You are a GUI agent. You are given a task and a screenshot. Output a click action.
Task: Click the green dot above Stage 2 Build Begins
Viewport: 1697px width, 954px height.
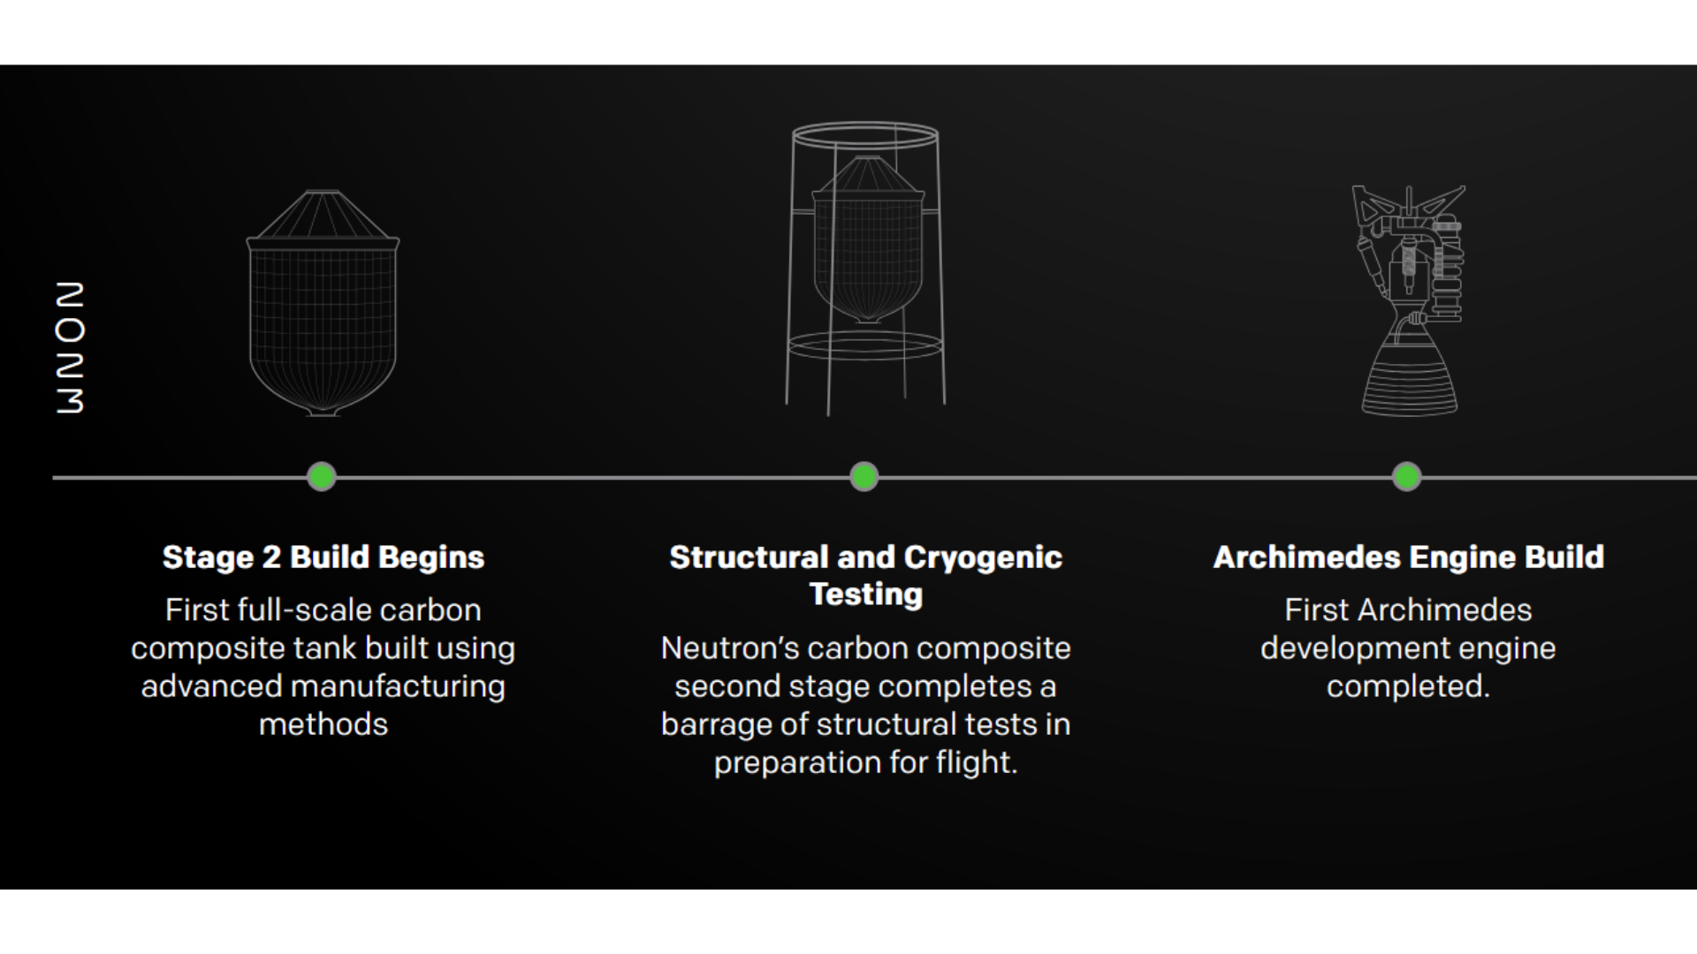(x=322, y=477)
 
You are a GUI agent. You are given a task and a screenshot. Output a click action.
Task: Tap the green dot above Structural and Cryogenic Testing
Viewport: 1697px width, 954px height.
(x=864, y=477)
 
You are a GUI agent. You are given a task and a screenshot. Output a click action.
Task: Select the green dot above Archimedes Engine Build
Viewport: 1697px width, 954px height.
(x=1407, y=477)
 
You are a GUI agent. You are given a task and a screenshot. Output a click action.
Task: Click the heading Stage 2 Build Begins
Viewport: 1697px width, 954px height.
(x=323, y=557)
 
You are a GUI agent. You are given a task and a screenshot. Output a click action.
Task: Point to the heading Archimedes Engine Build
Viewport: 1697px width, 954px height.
(x=1409, y=557)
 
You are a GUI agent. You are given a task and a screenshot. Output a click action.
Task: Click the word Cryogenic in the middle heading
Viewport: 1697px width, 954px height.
(x=983, y=557)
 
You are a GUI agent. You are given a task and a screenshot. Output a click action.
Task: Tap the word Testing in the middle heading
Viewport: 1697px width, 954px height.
(x=866, y=594)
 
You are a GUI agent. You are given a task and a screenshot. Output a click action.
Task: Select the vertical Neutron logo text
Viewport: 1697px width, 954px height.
(x=70, y=348)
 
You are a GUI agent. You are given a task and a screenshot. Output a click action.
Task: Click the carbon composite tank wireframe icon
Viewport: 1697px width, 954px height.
(x=323, y=303)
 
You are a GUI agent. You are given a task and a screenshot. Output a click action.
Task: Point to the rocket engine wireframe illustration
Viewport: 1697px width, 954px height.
(x=1409, y=300)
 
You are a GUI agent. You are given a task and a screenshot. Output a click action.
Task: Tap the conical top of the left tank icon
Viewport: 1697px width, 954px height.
(x=323, y=215)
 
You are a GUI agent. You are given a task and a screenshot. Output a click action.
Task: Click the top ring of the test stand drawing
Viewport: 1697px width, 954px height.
(x=865, y=135)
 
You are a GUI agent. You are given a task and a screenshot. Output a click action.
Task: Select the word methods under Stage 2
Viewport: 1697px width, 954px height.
(x=323, y=724)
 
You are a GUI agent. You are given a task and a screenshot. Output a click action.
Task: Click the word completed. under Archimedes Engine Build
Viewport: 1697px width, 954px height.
(x=1408, y=686)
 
